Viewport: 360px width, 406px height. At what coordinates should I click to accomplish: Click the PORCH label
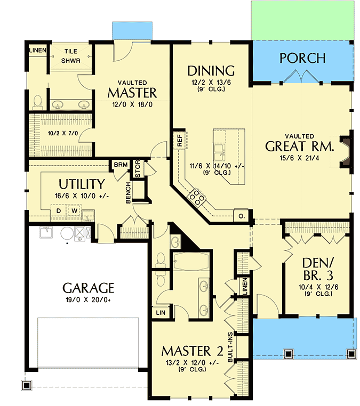point(302,58)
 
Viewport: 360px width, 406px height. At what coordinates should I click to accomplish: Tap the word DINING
point(211,71)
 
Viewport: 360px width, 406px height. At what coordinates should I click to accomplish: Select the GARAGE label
point(88,288)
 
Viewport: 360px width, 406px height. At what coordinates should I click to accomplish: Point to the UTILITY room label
point(81,185)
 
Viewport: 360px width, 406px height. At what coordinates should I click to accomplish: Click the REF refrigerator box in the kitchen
point(180,140)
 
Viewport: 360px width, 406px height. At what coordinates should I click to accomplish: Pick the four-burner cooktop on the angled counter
point(196,197)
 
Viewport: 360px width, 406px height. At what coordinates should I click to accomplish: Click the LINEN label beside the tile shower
point(37,51)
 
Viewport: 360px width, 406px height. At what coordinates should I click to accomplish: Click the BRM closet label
point(120,165)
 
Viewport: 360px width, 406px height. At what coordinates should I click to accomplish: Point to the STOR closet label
point(137,169)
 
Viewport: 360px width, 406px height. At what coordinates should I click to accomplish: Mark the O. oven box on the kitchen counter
point(241,216)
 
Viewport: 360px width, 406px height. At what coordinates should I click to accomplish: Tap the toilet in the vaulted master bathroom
point(37,101)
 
